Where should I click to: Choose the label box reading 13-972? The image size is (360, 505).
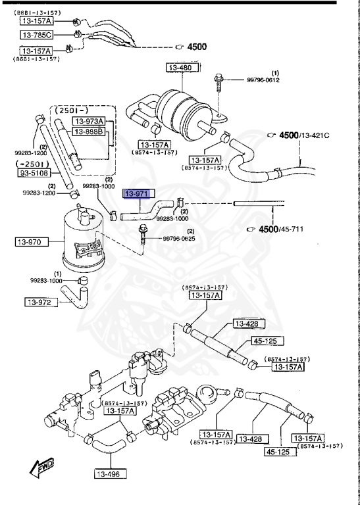click(41, 302)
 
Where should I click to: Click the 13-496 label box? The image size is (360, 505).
click(109, 473)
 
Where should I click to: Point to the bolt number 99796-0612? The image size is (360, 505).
click(263, 80)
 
